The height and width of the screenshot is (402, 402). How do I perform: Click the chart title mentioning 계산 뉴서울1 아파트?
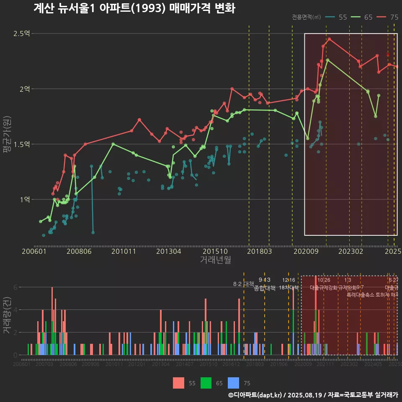tap(134, 8)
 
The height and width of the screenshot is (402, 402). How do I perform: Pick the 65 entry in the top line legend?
tap(362, 17)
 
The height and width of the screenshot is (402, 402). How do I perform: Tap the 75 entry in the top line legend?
tap(388, 17)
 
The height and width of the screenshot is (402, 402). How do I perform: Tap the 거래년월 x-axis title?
tap(215, 260)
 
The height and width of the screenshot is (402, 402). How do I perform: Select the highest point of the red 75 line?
tap(330, 39)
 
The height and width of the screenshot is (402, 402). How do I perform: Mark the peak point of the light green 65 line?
tap(327, 60)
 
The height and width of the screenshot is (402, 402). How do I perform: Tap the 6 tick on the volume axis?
tap(15, 287)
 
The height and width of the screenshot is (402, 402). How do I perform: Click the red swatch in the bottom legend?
tap(179, 383)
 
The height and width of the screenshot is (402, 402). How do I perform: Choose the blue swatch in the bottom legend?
tap(233, 383)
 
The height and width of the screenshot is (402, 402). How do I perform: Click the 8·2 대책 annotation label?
tap(243, 284)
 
